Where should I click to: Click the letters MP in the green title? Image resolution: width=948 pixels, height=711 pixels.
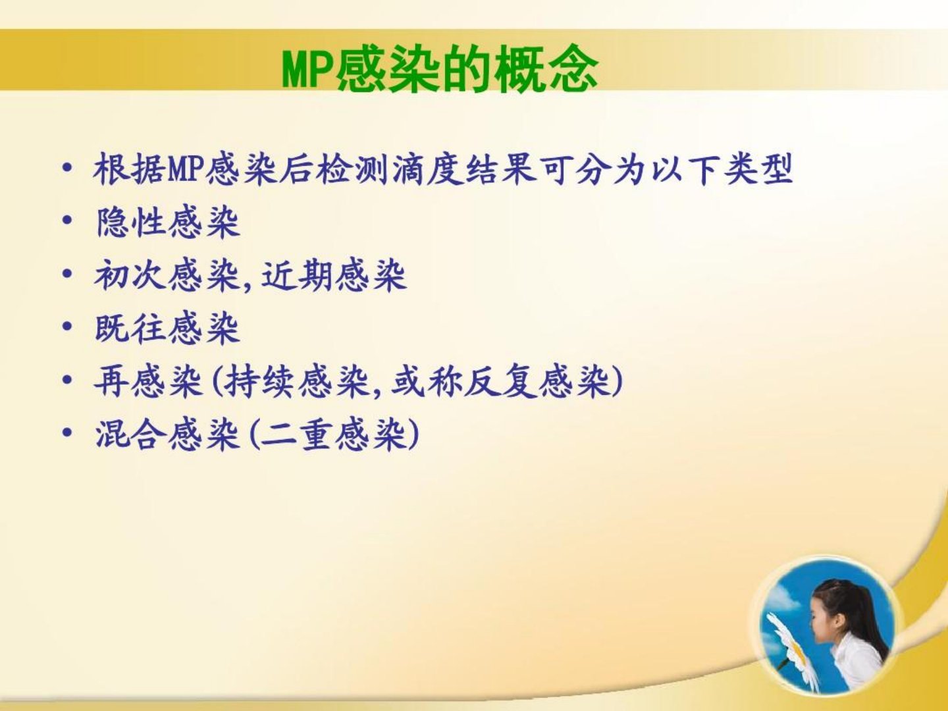click(x=309, y=70)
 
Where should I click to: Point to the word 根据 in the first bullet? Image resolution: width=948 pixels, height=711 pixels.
click(x=130, y=169)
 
